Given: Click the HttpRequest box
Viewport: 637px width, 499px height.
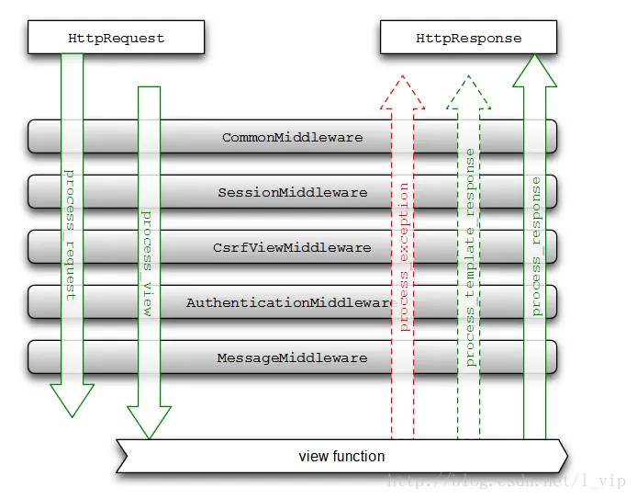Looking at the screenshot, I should tap(116, 39).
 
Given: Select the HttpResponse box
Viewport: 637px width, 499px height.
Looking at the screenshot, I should tap(468, 39).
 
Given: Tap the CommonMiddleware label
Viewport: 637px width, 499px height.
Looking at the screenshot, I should tap(292, 138).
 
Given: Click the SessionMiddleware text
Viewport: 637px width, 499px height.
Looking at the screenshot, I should tap(292, 193).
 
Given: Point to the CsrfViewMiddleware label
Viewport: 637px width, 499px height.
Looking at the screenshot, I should tap(292, 248).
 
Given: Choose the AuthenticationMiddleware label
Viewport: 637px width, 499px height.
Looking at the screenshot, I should tap(290, 302).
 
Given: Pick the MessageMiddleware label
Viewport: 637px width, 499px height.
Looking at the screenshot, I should tap(292, 357).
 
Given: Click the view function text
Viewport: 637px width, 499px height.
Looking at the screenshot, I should tap(341, 457).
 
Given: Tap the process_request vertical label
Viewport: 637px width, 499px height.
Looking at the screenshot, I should tap(71, 234).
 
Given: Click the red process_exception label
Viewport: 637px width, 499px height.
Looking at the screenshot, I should tap(403, 256).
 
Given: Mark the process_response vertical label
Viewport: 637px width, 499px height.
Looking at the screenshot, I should tap(535, 247).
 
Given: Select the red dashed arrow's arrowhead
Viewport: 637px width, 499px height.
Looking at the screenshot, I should tap(402, 92).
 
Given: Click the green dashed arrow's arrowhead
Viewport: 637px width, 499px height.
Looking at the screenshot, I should tap(468, 92).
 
